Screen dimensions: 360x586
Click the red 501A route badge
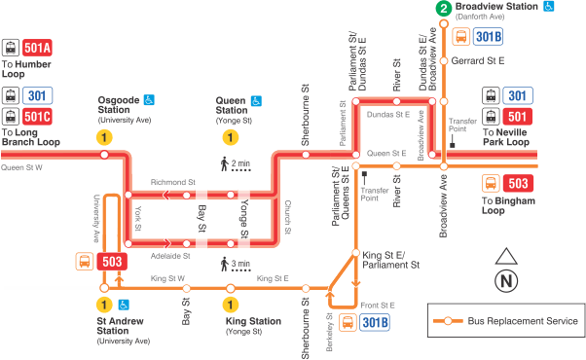tap(38, 48)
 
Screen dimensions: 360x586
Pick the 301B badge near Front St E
tap(374, 321)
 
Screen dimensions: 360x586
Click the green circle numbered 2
tap(444, 9)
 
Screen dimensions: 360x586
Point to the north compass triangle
tap(505, 258)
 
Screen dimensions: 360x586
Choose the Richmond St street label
tap(172, 182)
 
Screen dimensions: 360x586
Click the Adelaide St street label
tap(170, 256)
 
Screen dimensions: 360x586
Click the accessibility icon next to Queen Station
tap(257, 100)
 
